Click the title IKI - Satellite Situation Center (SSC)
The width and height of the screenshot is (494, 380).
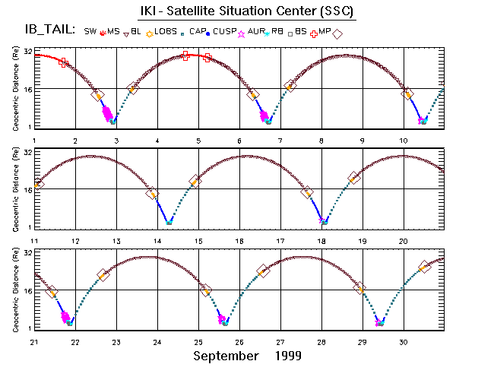247,12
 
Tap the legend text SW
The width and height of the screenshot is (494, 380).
90,31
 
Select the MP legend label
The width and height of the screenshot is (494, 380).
324,31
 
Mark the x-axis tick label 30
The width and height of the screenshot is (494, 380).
404,342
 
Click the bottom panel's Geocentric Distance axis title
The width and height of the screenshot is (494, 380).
14,291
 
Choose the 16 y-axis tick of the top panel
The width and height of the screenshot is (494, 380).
27,90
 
